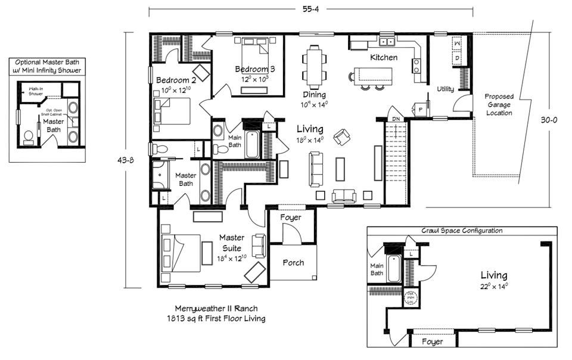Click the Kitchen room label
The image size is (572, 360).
tap(384, 58)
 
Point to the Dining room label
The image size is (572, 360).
tap(313, 95)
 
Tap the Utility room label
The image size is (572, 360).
tap(445, 89)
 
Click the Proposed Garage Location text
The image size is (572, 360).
tap(499, 104)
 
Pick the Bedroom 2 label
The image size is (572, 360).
tap(176, 80)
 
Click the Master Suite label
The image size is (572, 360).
tap(232, 243)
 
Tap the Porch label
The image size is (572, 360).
tap(293, 262)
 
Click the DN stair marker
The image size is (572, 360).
tap(395, 119)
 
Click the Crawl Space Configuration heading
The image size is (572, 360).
tap(461, 231)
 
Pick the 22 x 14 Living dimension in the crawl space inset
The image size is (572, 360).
tap(494, 286)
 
